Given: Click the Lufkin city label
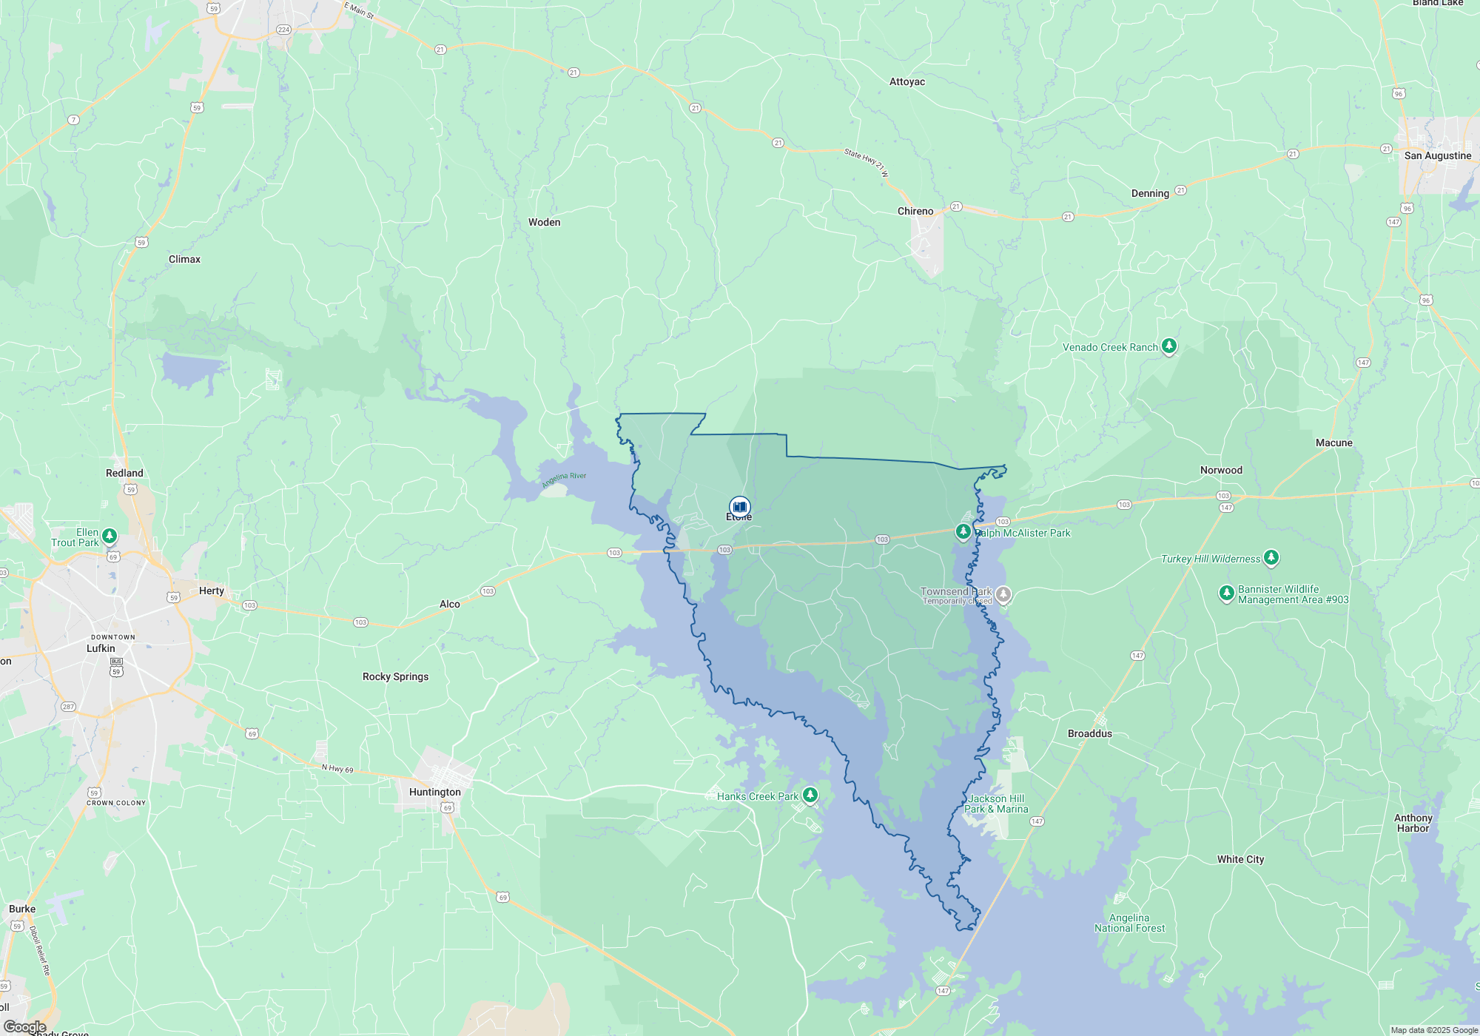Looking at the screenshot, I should point(101,648).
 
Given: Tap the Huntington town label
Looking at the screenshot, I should point(435,792).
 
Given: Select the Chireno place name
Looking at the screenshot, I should point(915,211).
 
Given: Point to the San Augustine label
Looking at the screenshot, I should point(1438,155).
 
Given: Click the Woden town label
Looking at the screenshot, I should point(544,222).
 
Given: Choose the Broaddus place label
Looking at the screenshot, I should point(1089,733).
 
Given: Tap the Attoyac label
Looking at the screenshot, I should point(907,81).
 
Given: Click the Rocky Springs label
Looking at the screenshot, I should point(395,676).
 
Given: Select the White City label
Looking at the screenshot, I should point(1240,859).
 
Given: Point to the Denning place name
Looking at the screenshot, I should point(1150,193).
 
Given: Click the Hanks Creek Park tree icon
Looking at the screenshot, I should point(810,795).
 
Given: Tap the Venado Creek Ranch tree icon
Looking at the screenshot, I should point(1169,346).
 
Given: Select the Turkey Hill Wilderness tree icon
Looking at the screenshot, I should point(1271,557).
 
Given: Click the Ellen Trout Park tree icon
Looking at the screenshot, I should point(110,536).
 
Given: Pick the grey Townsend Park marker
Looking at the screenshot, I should point(1003,594).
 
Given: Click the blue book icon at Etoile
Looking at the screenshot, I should point(739,507).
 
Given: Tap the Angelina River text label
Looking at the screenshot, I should point(564,480).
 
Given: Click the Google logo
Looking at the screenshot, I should point(24,1027).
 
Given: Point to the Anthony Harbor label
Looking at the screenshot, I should point(1413,823).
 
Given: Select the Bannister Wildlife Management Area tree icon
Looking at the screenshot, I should point(1226,593).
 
